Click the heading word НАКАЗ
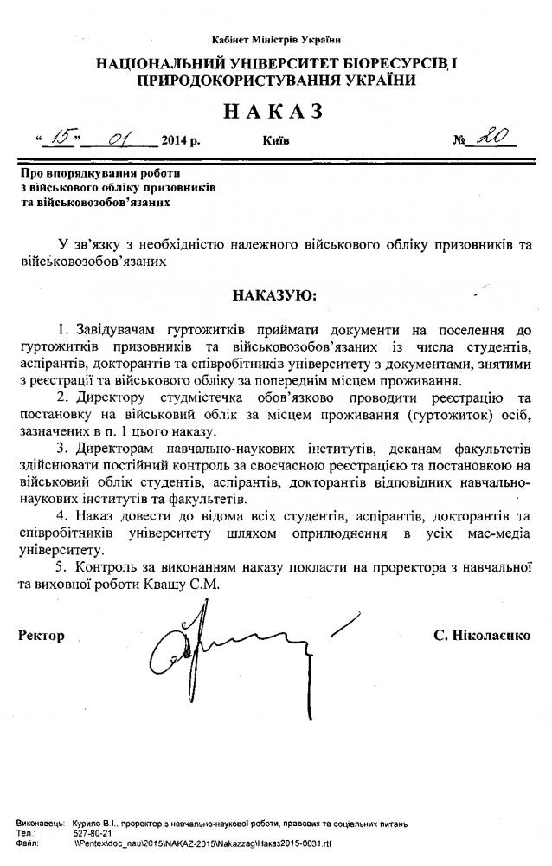point(276,111)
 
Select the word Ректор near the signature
point(42,636)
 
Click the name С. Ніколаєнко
point(483,636)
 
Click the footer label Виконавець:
point(40,822)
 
